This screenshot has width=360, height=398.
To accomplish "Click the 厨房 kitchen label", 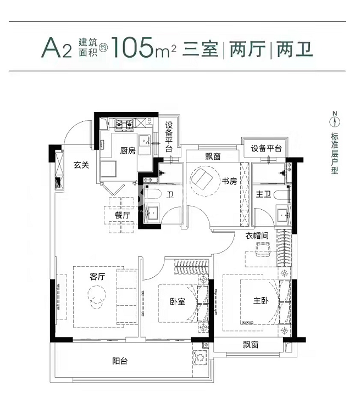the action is click(x=128, y=151).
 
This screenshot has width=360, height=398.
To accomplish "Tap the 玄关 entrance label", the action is click(x=81, y=165).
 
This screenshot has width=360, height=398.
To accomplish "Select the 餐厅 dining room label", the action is click(x=123, y=215).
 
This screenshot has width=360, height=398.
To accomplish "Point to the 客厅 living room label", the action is click(x=97, y=277).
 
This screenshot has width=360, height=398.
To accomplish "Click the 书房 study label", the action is click(x=229, y=181).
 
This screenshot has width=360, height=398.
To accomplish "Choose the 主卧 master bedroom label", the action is click(x=261, y=301).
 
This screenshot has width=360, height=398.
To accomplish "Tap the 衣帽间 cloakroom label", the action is click(x=257, y=236).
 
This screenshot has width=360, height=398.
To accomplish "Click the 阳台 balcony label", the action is click(x=120, y=361).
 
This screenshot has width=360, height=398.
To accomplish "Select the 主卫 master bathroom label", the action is click(x=263, y=194).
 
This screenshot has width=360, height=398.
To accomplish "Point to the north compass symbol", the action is click(x=335, y=120).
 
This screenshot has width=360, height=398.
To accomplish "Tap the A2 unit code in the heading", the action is click(x=57, y=48).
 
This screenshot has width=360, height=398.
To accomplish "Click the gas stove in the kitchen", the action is click(x=124, y=125).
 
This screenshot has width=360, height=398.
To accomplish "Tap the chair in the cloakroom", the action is click(x=263, y=248).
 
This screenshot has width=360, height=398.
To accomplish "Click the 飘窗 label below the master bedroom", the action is click(x=251, y=345).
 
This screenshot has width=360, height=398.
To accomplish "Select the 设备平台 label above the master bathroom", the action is click(x=266, y=148).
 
